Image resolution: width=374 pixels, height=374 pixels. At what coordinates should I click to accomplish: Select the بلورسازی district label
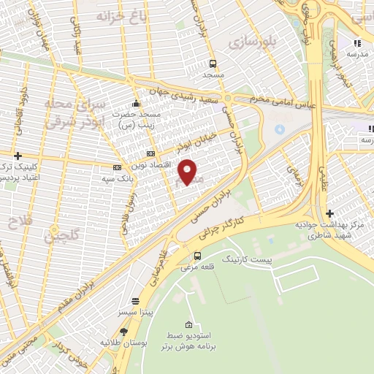pos(253,42)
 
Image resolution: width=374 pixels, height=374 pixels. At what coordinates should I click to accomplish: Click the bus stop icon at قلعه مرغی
pos(198,255)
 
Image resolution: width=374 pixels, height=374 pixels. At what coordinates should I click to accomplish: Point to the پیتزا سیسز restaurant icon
pos(135,301)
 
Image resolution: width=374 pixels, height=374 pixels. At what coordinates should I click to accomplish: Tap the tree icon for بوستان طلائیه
pos(134,332)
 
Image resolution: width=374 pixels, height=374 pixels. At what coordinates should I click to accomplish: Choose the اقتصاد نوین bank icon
pos(150,154)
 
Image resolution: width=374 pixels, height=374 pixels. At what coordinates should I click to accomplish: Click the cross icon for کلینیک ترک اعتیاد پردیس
pos(18,156)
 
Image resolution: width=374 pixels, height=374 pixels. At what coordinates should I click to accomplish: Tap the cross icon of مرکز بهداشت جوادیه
pos(330,213)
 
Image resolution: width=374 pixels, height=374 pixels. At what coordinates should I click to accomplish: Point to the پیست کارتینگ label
pos(246,259)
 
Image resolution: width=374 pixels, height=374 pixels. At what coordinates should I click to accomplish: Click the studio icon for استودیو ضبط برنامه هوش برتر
pos(189,324)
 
